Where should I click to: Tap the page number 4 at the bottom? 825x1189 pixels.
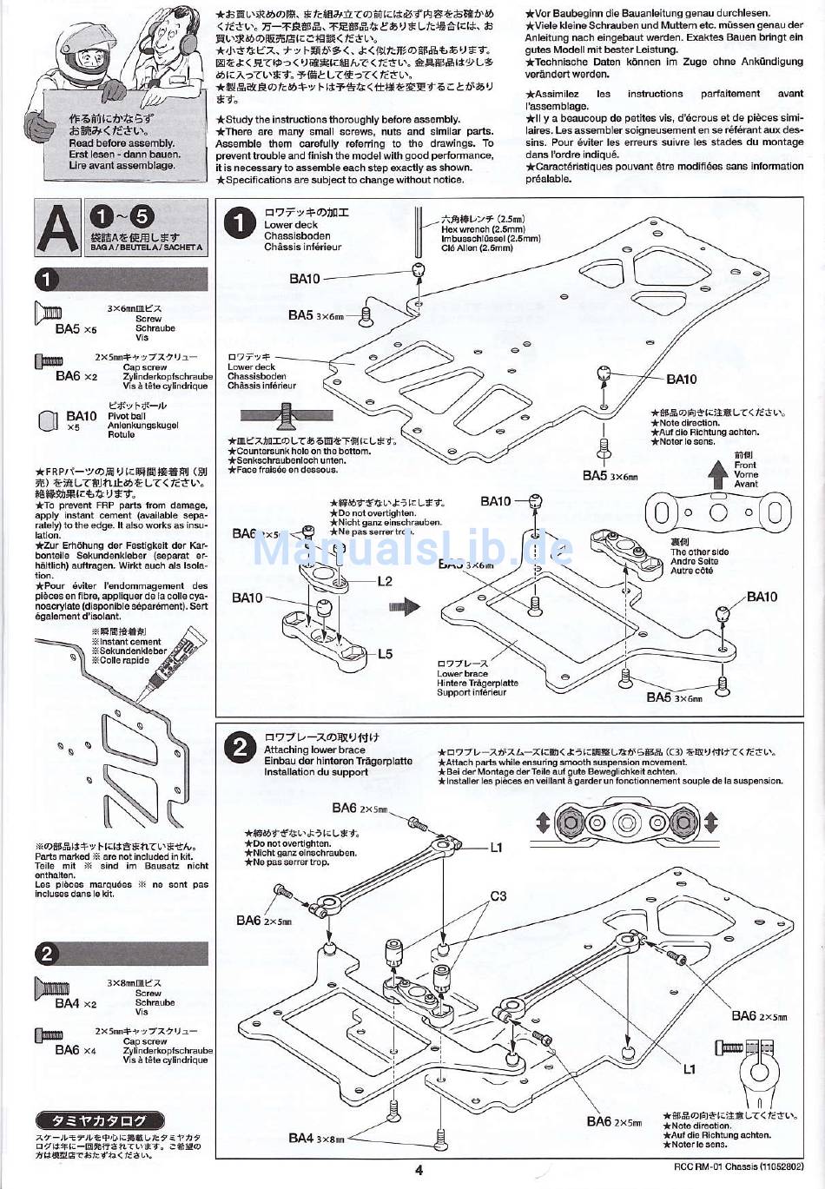pos(419,1170)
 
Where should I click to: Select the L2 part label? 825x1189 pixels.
pos(385,582)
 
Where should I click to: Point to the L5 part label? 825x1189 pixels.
pos(386,654)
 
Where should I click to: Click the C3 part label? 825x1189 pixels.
pos(498,896)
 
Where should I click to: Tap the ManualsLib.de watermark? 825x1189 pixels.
pos(412,548)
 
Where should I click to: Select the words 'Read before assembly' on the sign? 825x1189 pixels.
pos(122,143)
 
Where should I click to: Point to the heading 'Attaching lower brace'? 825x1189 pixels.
pos(314,750)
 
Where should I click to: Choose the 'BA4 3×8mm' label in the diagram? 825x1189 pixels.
pos(316,1138)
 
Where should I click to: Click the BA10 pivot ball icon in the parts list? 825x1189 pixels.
pos(48,420)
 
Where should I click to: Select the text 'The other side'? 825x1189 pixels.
pos(699,552)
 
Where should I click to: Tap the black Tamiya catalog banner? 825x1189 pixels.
pos(101,1120)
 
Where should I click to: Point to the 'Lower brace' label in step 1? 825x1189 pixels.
pos(462,674)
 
